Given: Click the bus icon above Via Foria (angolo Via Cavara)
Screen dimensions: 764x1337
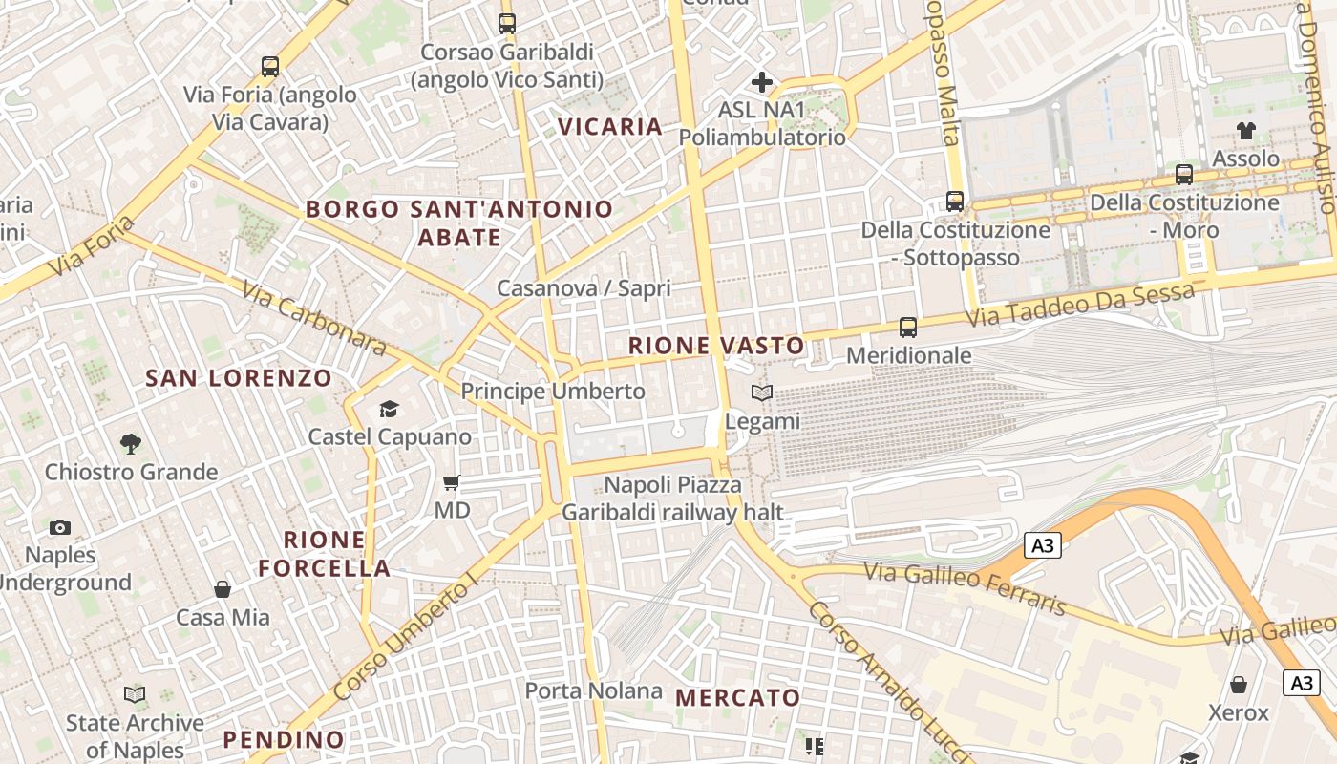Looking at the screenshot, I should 270,67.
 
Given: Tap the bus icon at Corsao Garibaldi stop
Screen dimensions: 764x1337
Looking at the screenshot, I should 507,24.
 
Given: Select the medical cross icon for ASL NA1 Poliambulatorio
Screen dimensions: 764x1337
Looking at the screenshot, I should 761,82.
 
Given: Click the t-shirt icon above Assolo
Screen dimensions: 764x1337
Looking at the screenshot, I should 1246,131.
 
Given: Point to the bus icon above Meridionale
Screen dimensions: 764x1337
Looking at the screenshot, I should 908,328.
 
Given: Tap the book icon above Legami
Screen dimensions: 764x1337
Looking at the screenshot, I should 762,393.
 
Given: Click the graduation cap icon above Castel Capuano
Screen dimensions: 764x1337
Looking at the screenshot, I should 389,410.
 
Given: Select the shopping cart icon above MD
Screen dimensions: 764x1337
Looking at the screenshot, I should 452,483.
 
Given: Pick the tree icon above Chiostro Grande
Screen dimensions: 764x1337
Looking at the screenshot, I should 131,444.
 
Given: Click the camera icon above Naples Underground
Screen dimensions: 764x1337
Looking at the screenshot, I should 60,527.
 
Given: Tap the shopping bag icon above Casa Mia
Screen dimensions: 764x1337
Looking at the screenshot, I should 223,589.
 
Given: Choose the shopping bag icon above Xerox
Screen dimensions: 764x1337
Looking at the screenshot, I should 1239,685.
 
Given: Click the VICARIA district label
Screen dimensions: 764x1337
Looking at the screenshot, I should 610,127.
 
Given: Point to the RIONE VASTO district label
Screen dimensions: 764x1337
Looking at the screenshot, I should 716,346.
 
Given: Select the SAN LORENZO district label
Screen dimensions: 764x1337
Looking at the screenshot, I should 239,378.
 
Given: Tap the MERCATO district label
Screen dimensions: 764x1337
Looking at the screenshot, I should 738,698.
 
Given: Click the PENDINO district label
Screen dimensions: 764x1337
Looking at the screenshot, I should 284,739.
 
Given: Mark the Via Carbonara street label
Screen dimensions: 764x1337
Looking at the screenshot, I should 313,318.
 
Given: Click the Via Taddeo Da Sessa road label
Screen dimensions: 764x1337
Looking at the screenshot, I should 1079,305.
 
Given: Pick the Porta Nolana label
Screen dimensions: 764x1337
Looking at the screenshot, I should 594,690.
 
